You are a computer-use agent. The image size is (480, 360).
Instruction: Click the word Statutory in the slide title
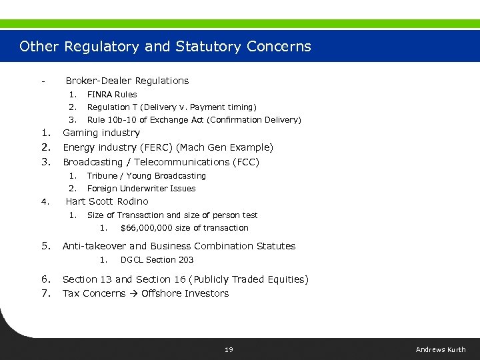click(209, 47)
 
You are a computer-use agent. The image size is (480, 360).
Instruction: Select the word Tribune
click(102, 176)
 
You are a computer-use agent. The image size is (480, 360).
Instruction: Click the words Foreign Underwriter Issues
click(141, 189)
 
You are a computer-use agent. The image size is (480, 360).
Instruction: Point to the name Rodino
click(133, 201)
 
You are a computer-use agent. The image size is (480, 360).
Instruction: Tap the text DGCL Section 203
click(157, 260)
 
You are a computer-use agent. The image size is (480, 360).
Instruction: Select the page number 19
click(229, 349)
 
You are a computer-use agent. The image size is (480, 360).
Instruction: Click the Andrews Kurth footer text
click(441, 349)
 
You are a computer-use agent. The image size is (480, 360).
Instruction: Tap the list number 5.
click(46, 246)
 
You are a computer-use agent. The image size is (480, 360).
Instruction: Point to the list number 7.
click(46, 293)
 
